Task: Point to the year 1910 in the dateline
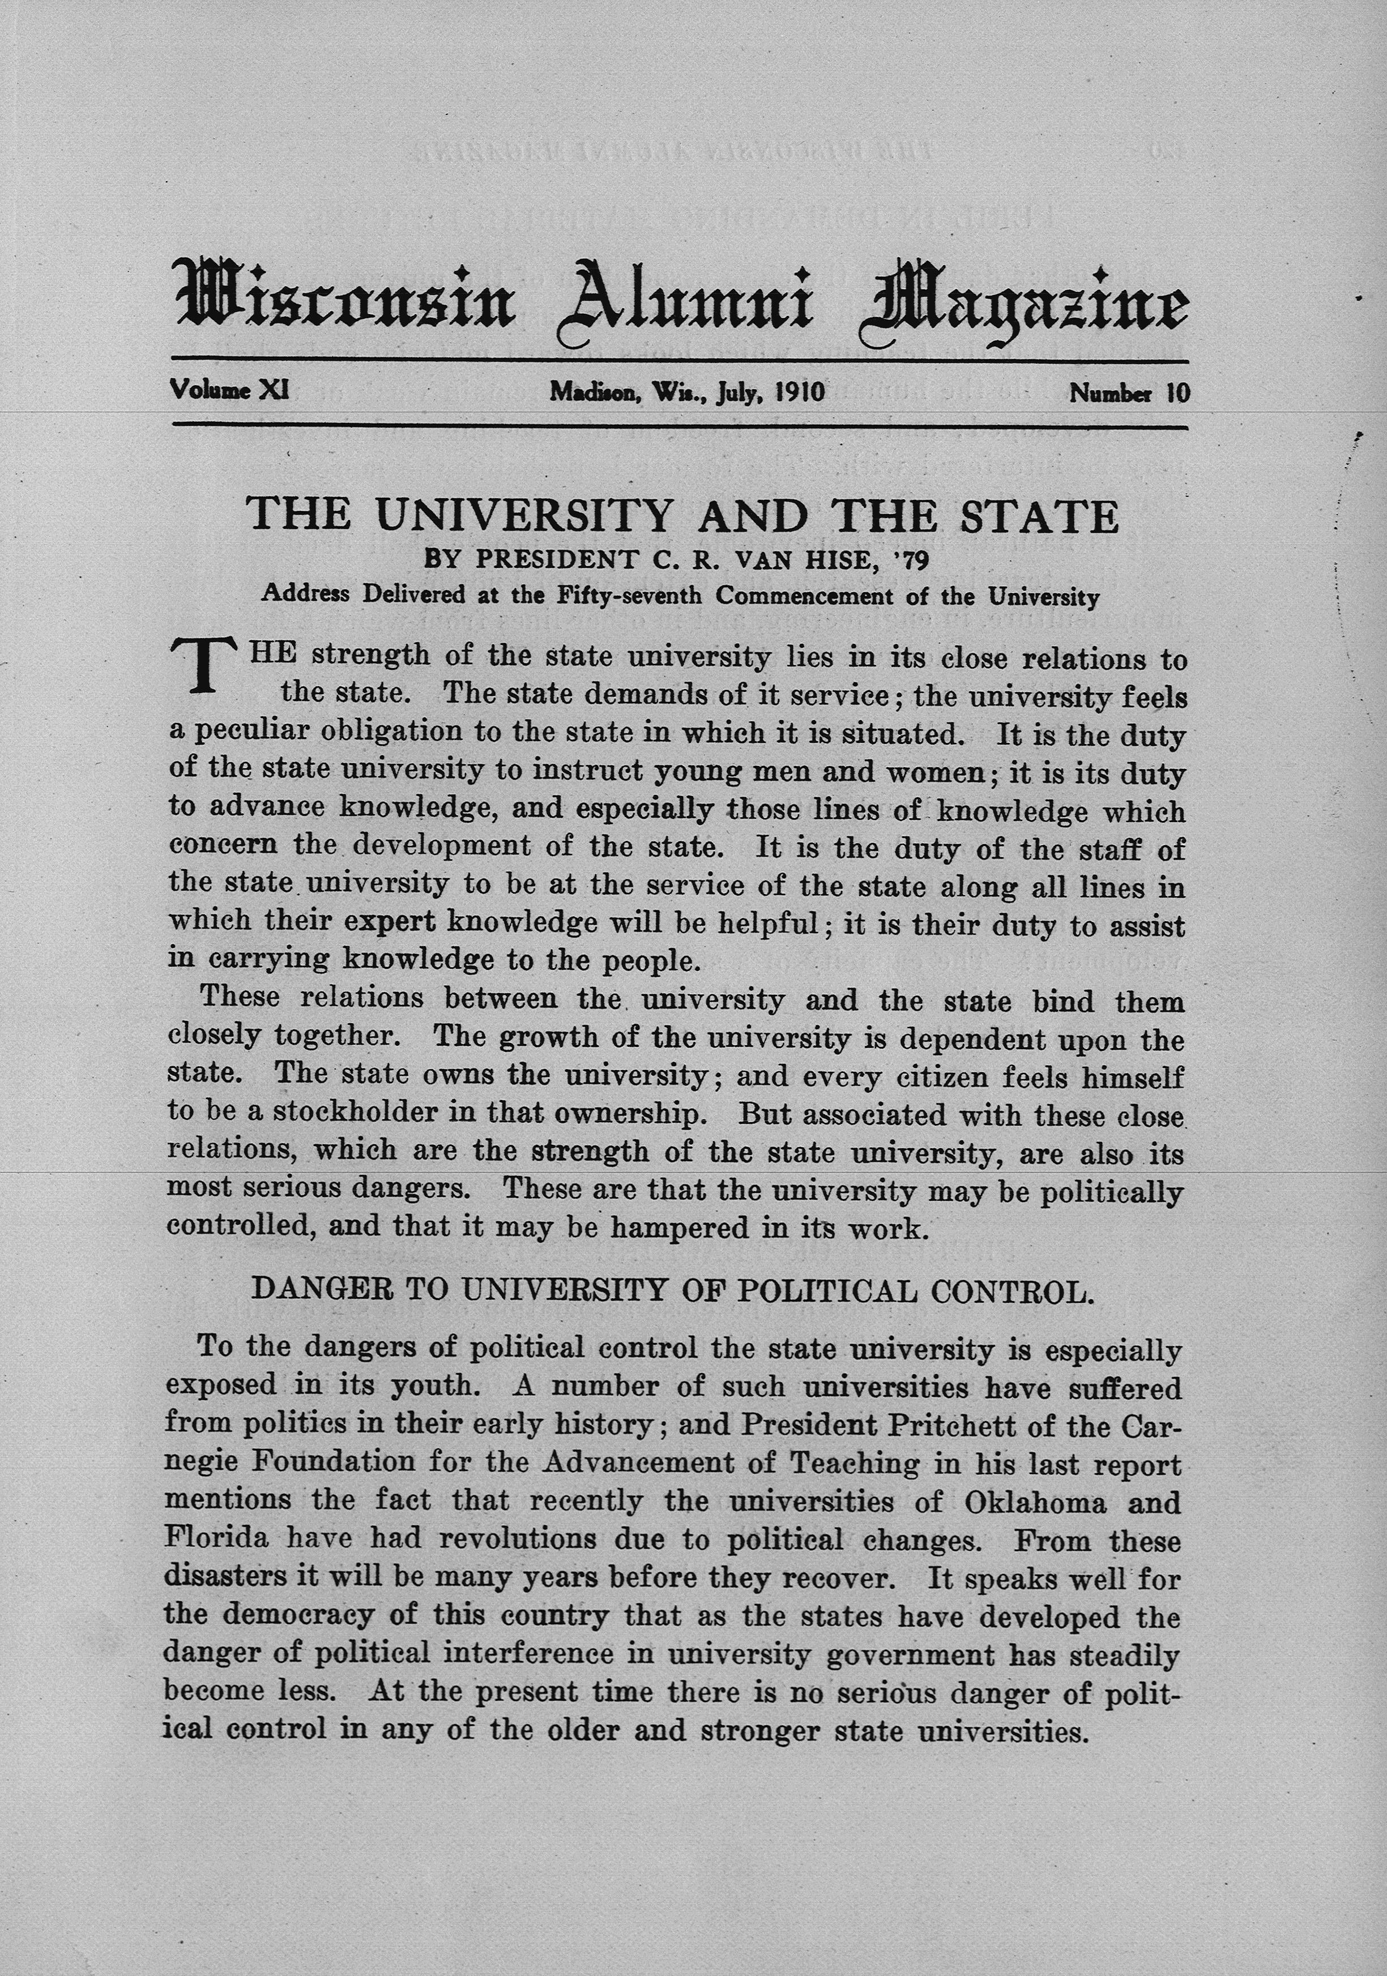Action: pyautogui.click(x=800, y=392)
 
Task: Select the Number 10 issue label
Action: pyautogui.click(x=1129, y=394)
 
